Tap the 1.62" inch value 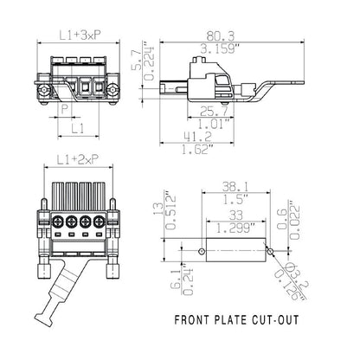[x=199, y=149]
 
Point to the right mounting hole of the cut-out [x=271, y=251]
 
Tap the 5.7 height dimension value [x=161, y=59]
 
